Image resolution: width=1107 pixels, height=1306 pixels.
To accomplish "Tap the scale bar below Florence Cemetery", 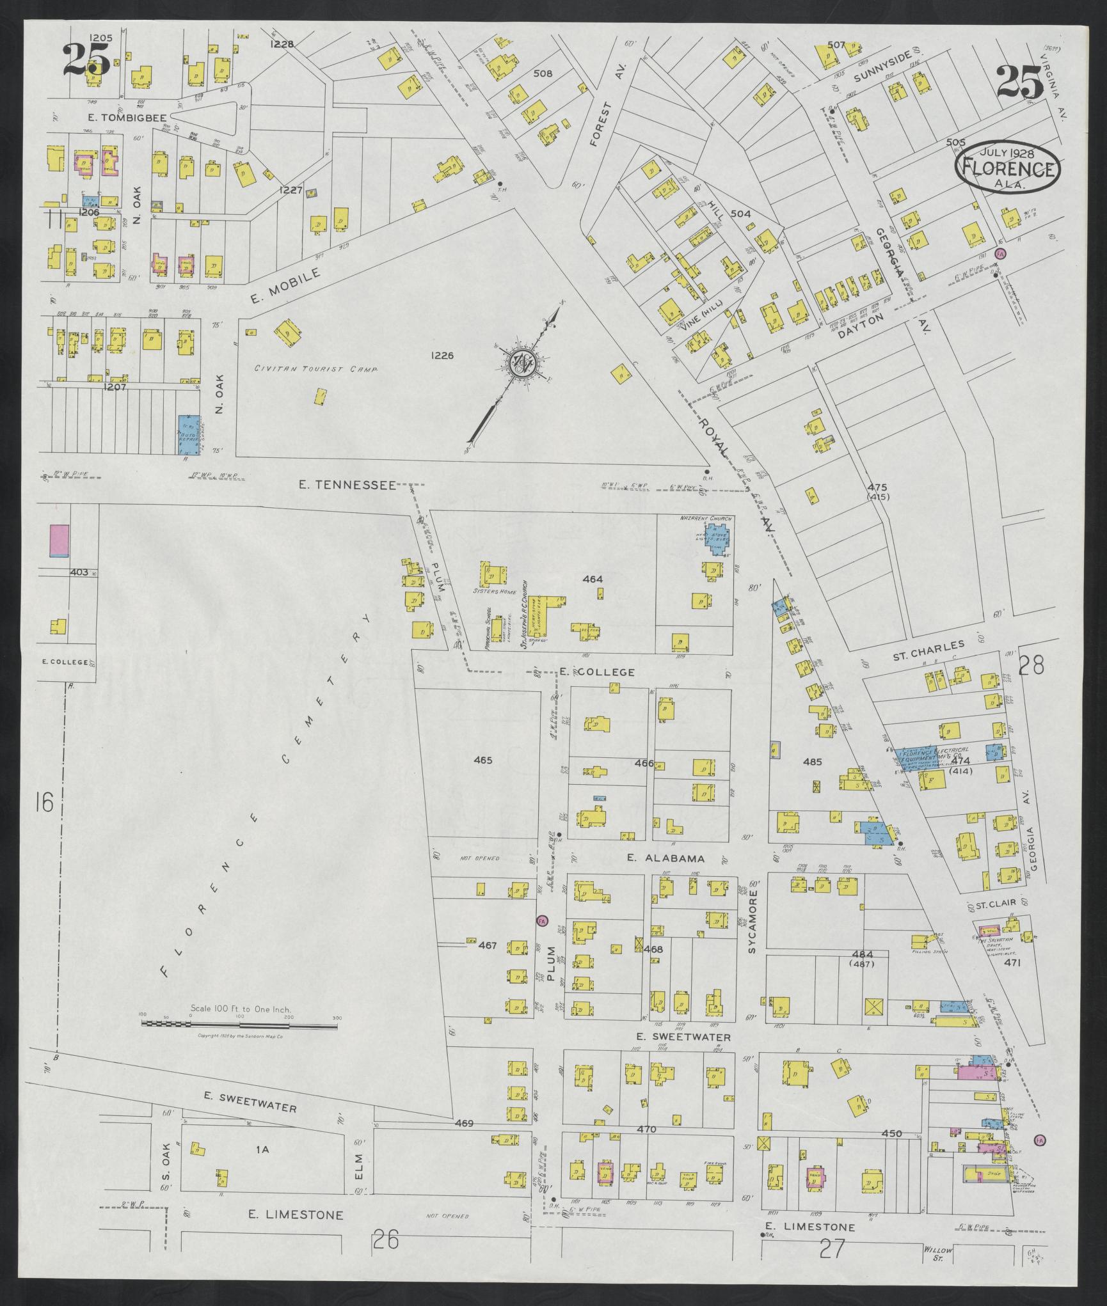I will (x=239, y=1042).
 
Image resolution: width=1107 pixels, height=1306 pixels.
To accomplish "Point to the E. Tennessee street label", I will (x=347, y=485).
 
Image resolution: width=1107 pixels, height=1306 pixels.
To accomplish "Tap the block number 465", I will (x=482, y=760).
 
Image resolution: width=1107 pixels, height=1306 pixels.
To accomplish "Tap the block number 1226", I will (x=442, y=355).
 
